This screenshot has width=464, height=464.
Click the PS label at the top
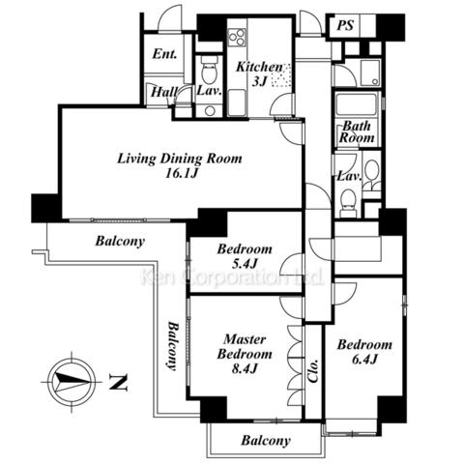(x=345, y=25)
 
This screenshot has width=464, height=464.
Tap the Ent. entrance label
(x=164, y=53)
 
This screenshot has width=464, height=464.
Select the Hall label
(x=164, y=92)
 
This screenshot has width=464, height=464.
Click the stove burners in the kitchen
(x=237, y=38)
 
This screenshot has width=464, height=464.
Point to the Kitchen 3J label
(x=259, y=74)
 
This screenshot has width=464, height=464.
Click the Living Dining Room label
(x=179, y=159)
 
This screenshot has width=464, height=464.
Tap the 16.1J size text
(x=181, y=174)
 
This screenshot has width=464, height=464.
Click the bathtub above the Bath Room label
(x=356, y=103)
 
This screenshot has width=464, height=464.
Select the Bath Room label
(x=357, y=132)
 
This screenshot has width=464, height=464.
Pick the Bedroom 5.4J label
(x=245, y=256)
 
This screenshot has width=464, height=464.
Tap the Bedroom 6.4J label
(x=364, y=352)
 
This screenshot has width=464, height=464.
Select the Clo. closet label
(x=313, y=370)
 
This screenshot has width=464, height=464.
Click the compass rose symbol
(x=72, y=382)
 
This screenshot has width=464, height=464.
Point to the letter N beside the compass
(x=118, y=382)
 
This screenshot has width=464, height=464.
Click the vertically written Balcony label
(x=173, y=346)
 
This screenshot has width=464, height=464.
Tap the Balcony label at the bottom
(x=266, y=441)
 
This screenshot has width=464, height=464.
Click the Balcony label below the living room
(x=120, y=241)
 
